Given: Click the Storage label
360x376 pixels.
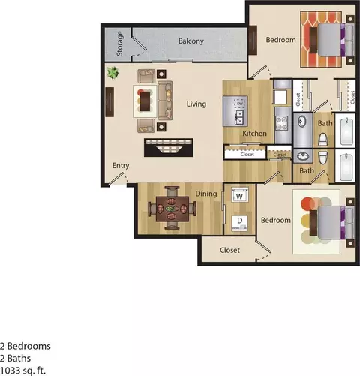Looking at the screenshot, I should click(x=119, y=44).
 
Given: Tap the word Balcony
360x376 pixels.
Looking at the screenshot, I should click(x=190, y=41).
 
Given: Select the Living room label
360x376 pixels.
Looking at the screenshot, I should click(x=197, y=105).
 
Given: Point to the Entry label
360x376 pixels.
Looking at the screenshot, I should click(x=121, y=165).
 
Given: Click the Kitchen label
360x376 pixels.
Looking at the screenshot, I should click(x=254, y=134).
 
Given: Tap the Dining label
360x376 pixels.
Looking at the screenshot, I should click(x=207, y=194).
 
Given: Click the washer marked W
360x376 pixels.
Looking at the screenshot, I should click(x=238, y=195).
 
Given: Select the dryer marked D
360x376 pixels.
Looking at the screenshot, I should click(x=238, y=221).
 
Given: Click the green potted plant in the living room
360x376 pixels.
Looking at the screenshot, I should click(x=113, y=73).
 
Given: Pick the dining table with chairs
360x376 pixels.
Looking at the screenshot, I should click(x=169, y=208).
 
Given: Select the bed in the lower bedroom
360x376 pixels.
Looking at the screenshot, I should click(x=330, y=220).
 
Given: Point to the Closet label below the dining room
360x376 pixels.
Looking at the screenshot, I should click(x=230, y=251).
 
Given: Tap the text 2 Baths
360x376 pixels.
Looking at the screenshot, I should click(x=17, y=358).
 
